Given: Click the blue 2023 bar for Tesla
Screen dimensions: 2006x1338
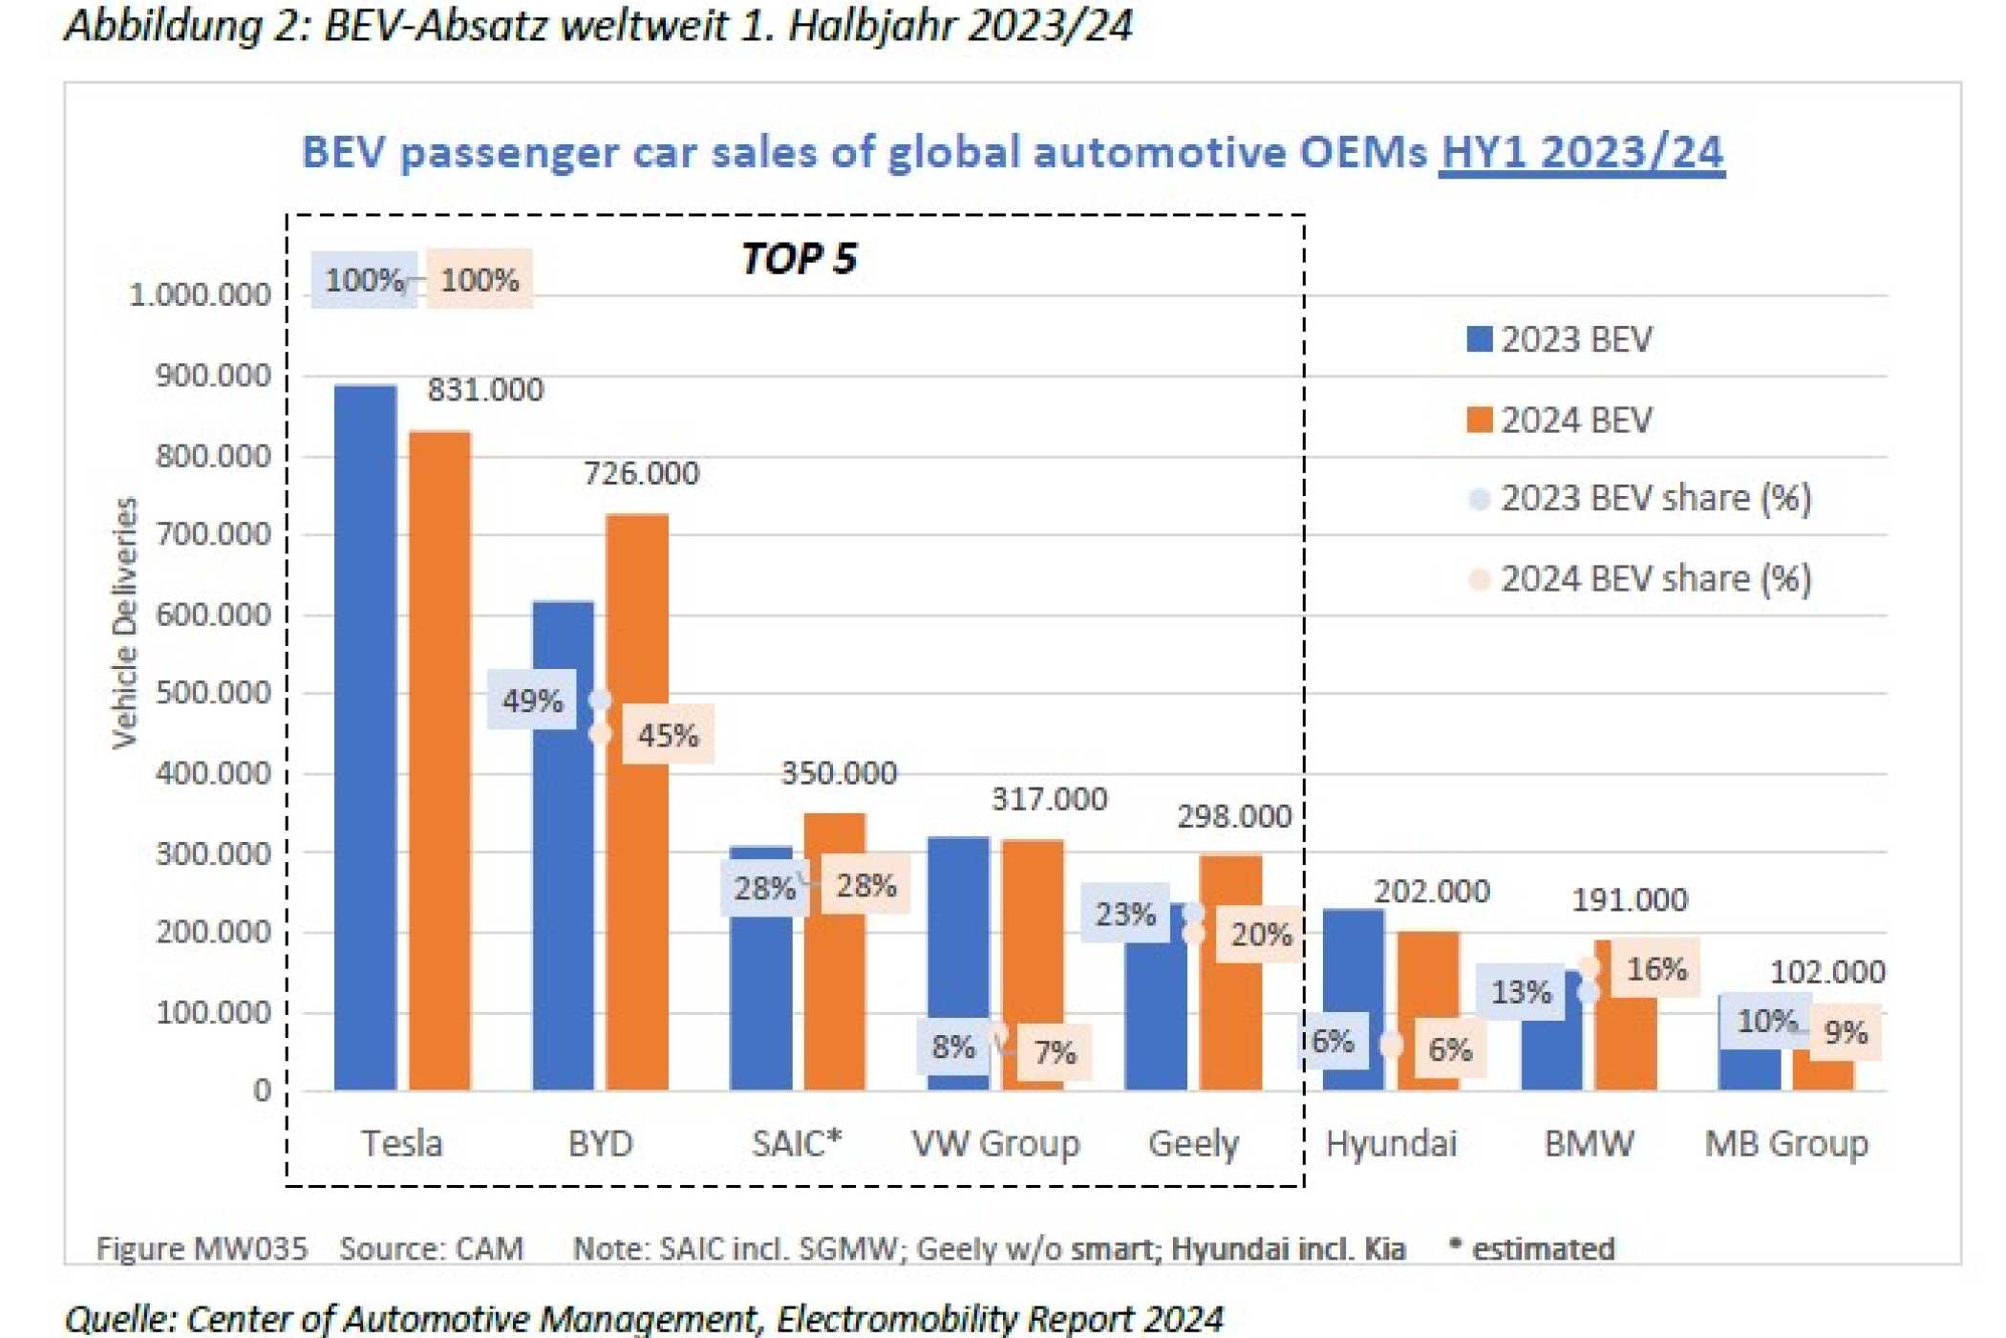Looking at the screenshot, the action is click(365, 737).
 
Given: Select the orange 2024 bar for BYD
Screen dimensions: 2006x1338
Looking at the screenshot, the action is click(637, 802).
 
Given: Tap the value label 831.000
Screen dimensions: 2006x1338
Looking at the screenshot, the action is click(485, 390).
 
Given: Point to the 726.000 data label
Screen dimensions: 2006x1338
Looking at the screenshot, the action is click(642, 473).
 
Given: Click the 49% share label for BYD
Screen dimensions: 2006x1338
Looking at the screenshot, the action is click(532, 701).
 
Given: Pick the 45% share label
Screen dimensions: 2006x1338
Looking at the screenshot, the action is click(668, 735).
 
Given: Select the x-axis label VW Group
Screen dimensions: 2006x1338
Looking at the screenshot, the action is click(995, 1143).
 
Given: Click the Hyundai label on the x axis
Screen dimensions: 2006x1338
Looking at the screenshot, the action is click(1391, 1144).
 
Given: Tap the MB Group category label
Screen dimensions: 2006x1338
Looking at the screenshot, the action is click(1786, 1143).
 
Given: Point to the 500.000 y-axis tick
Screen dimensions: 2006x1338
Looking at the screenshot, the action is click(213, 693).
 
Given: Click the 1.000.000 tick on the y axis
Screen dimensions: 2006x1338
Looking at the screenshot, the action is click(200, 295).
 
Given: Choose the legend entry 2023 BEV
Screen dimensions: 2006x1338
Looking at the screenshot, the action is click(1560, 339).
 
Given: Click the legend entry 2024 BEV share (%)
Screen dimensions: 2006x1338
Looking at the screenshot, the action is click(1639, 579).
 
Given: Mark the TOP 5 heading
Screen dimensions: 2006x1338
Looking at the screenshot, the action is click(799, 259).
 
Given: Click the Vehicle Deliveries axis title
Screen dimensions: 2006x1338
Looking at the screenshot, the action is click(125, 623).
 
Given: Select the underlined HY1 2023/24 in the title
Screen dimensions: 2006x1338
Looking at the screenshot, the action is click(1583, 152).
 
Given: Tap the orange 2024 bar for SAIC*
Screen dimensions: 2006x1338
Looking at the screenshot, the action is click(835, 952).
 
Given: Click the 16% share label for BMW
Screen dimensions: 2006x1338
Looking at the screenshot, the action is click(1656, 968).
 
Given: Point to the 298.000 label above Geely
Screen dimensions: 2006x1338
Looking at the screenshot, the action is click(1234, 817).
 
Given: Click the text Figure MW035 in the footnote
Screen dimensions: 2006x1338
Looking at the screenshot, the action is click(202, 1249).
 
